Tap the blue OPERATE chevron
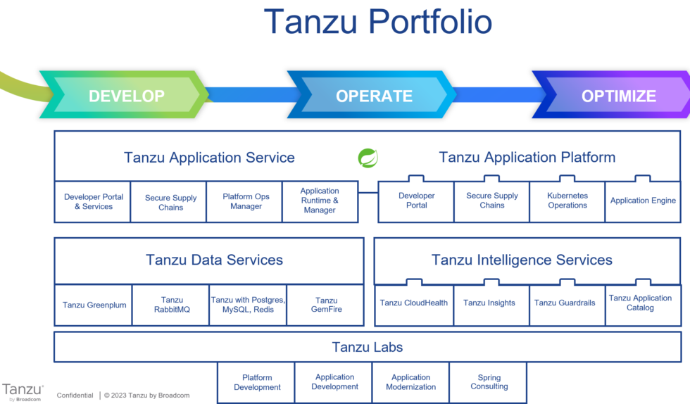click(x=373, y=96)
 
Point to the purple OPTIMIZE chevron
click(x=617, y=96)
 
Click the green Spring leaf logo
click(x=368, y=158)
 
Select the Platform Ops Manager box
click(x=246, y=201)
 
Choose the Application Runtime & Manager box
click(x=320, y=201)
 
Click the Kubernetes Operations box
click(x=567, y=201)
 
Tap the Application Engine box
click(x=643, y=201)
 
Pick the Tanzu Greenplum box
click(x=94, y=305)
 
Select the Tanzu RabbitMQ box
click(x=171, y=305)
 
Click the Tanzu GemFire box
click(x=326, y=305)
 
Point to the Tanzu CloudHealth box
click(x=413, y=303)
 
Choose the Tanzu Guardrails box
click(x=565, y=303)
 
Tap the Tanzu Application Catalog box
click(x=640, y=303)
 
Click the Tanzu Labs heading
click(x=367, y=347)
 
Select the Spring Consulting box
click(x=489, y=382)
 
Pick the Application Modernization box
click(x=410, y=382)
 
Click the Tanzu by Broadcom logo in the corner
click(x=23, y=392)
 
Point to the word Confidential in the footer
click(x=75, y=396)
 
